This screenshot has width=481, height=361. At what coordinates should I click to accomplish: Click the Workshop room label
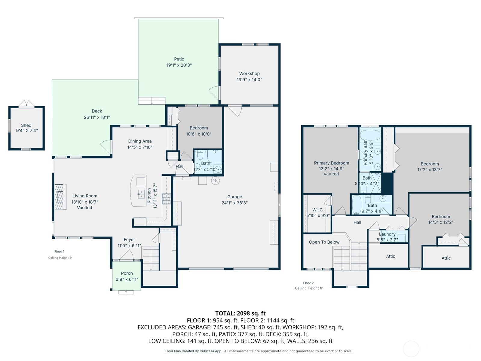click(x=249, y=73)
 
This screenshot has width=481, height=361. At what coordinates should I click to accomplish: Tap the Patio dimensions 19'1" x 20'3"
click(x=179, y=65)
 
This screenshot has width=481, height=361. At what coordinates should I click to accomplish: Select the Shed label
click(x=26, y=125)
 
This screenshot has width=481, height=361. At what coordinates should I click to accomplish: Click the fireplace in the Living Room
click(x=60, y=196)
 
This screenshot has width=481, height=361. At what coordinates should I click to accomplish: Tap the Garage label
click(x=234, y=197)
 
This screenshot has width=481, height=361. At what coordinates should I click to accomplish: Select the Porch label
click(x=127, y=273)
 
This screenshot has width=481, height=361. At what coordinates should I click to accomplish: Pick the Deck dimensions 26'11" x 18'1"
click(x=97, y=117)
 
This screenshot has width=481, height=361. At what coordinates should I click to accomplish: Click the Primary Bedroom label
click(x=331, y=163)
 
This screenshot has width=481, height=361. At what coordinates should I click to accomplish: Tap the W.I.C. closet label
click(x=318, y=210)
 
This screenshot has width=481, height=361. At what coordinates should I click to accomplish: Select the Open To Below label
click(x=324, y=242)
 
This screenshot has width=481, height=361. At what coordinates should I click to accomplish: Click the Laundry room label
click(x=387, y=234)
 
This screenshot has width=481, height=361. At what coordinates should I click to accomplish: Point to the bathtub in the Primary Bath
click(x=370, y=135)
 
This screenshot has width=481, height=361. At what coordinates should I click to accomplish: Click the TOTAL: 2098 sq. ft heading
click(x=240, y=313)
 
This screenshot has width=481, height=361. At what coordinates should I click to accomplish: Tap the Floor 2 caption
click(x=308, y=283)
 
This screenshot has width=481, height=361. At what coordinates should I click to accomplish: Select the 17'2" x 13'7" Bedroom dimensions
click(x=430, y=170)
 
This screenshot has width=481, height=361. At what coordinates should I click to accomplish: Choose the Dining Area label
click(x=140, y=141)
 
